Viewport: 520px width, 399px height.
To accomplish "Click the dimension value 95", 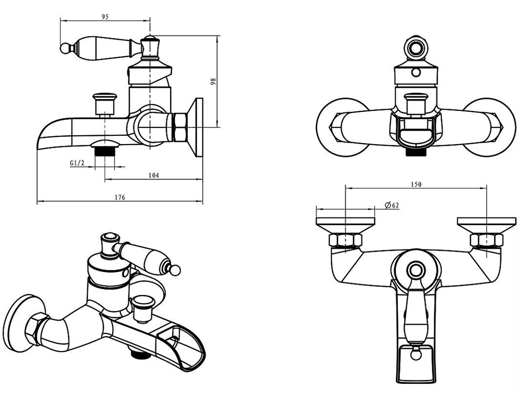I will (105, 17).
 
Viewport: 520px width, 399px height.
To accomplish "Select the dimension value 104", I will (153, 175).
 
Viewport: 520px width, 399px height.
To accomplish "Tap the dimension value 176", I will (120, 197).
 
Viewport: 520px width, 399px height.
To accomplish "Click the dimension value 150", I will (415, 184).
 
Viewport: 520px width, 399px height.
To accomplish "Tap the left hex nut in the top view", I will (345, 240).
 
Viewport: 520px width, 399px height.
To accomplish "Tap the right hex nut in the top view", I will (486, 240).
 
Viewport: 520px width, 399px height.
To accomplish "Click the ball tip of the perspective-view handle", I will (176, 270).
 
